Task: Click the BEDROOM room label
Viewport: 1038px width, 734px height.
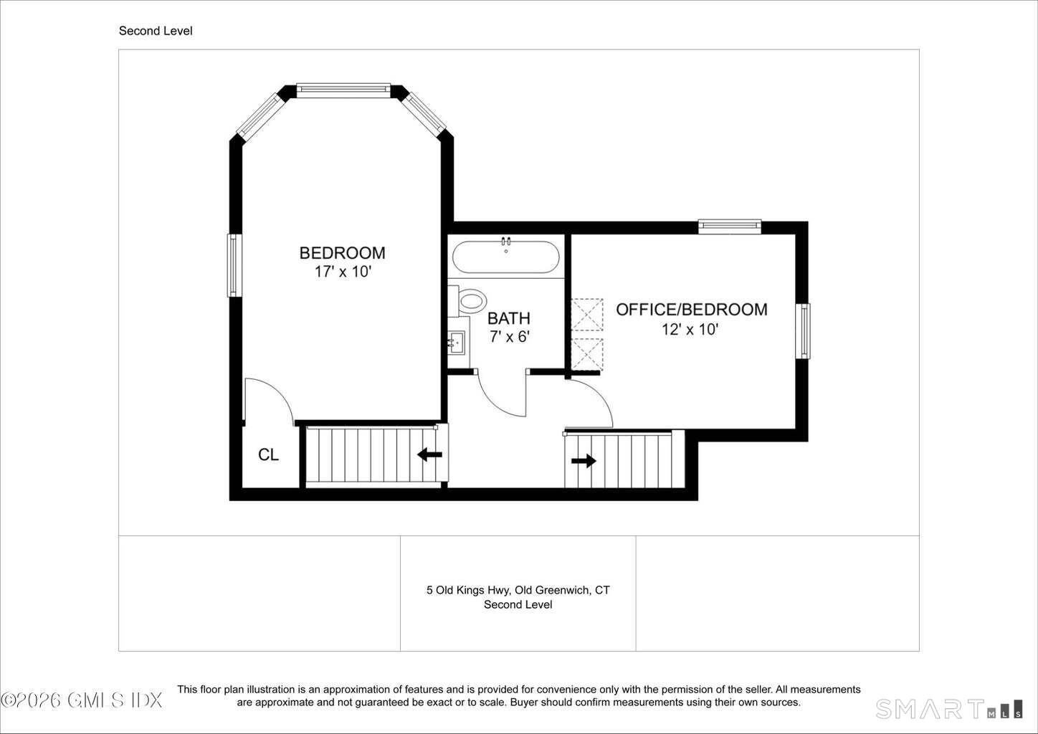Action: pos(343,253)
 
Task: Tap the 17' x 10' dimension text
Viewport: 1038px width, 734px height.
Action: pos(343,272)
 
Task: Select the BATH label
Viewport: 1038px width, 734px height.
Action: pos(509,318)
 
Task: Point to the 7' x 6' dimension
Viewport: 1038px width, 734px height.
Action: pos(509,336)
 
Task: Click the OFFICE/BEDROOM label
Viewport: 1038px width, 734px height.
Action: pos(691,310)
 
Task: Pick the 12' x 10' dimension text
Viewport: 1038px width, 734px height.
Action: pos(690,330)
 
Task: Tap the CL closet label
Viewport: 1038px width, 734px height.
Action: pos(268,454)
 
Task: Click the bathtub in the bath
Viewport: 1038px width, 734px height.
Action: pos(505,257)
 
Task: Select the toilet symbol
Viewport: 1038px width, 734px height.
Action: pos(467,301)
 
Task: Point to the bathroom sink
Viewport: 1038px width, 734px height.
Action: pos(457,343)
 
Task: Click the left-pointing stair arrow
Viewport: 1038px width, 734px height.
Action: pos(429,454)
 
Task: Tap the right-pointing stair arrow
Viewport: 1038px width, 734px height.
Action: pos(584,461)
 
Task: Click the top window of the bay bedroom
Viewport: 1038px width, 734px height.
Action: pos(343,90)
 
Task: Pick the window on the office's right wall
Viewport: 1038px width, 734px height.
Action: pos(803,331)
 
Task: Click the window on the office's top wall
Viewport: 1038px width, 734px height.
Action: pos(730,227)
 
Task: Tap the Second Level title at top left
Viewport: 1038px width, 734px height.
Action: pos(156,31)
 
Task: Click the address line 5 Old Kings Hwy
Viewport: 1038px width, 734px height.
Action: pos(518,591)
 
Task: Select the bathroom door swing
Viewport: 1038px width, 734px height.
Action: pos(503,394)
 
